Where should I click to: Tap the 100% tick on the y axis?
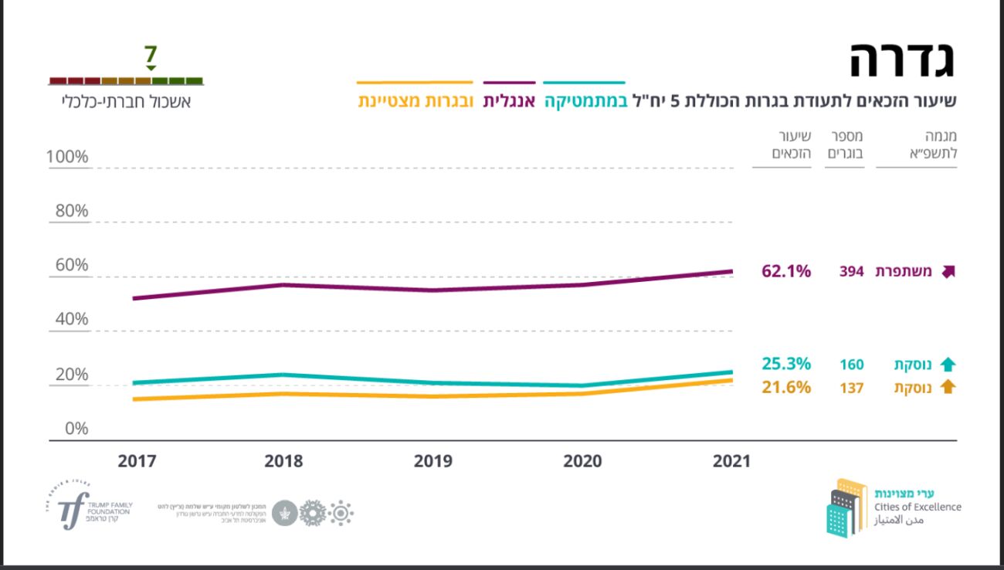67,158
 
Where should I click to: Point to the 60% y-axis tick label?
71,266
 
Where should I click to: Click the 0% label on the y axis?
75,429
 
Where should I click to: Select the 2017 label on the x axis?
137,461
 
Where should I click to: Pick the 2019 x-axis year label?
433,461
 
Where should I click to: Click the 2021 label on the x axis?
731,461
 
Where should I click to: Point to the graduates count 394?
851,272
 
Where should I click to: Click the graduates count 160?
851,365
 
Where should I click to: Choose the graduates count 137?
851,388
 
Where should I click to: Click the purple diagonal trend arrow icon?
948,271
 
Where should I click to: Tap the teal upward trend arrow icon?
948,365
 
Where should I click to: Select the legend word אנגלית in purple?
509,101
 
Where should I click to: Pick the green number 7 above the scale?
151,56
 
